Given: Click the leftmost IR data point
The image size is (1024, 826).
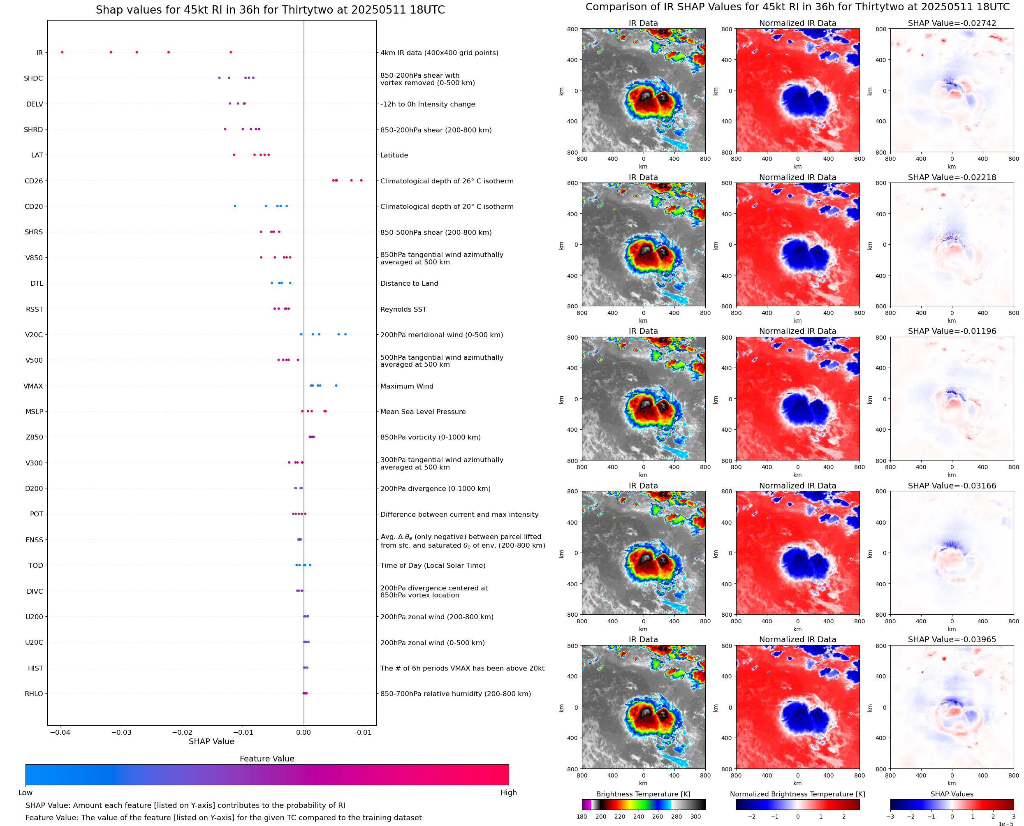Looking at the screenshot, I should click(63, 52).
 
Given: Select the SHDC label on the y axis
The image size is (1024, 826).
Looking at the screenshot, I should click(33, 79).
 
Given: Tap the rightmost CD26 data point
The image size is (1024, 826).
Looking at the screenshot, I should click(361, 180).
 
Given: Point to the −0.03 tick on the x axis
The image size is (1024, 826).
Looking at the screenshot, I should click(121, 732).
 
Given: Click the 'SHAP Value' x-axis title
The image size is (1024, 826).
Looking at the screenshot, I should click(211, 741).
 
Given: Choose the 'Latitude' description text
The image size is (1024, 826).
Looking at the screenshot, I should click(394, 155).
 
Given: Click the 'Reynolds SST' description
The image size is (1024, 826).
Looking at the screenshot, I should click(403, 309).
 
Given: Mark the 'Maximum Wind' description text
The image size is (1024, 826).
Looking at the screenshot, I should click(406, 386).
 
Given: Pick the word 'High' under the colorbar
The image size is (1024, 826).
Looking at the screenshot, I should click(508, 793).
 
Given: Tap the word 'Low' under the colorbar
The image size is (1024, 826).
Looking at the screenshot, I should click(25, 793).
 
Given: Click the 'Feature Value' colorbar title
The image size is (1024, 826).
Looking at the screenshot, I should click(266, 759).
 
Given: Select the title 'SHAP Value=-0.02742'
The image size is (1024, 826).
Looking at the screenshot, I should click(952, 23).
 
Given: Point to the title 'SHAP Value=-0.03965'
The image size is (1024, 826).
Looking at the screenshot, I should click(952, 639).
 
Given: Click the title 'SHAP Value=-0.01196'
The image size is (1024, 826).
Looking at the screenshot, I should click(952, 331).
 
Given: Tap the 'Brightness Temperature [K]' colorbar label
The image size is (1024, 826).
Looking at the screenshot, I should click(643, 794).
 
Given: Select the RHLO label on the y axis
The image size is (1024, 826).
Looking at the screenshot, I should click(34, 694).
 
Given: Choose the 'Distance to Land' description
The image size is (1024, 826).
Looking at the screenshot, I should click(409, 284).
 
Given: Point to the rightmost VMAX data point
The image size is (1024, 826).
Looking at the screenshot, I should click(336, 385).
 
